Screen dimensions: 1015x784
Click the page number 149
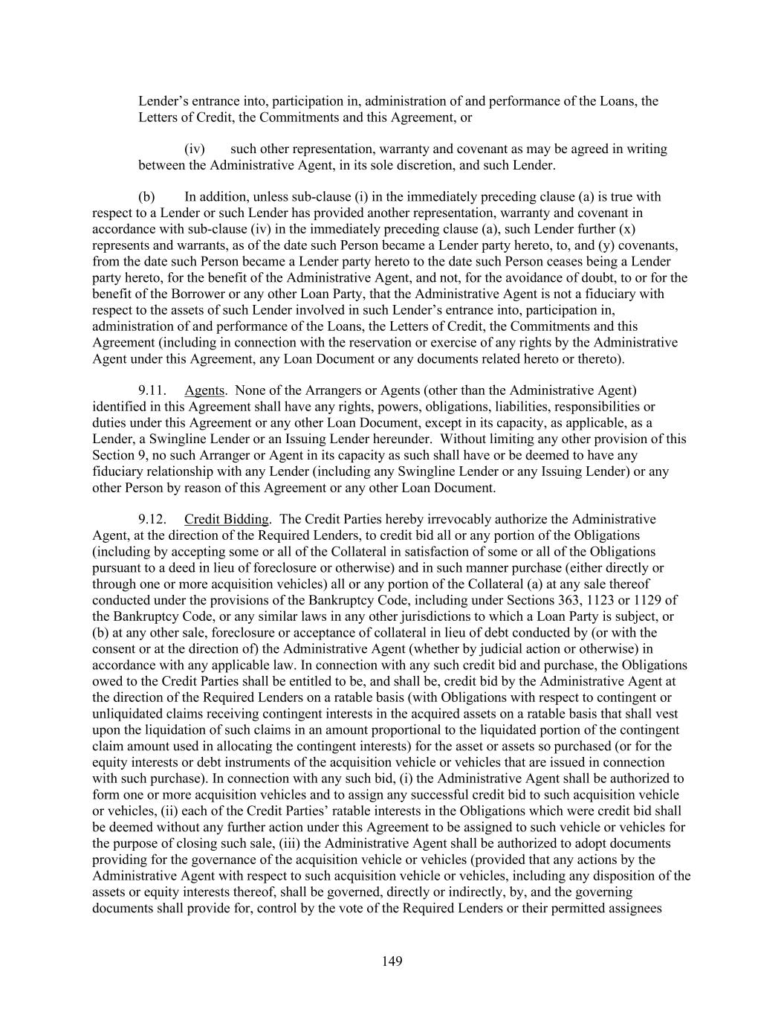point(392,961)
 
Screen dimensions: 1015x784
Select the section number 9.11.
point(152,390)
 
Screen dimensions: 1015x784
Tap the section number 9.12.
point(152,519)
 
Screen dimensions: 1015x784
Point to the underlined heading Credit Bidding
point(227,519)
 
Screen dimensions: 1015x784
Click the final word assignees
point(631,908)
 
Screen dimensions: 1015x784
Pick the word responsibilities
point(595,407)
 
